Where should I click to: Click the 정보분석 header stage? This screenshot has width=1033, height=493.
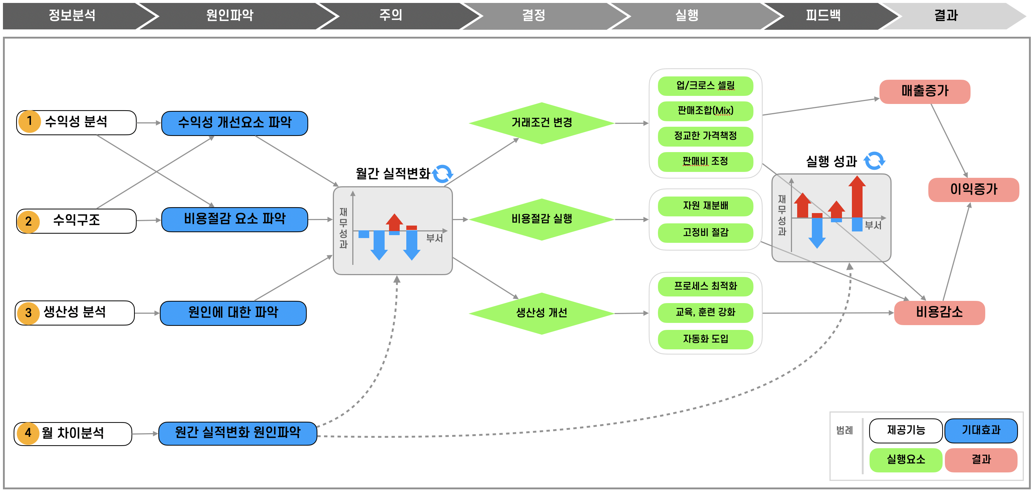tap(72, 15)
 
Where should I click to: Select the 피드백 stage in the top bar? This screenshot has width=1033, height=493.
tap(823, 15)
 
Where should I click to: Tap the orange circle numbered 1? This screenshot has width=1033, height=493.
tap(29, 122)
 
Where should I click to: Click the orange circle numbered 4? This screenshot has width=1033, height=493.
tap(28, 433)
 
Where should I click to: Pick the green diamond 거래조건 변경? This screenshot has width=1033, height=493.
tap(541, 123)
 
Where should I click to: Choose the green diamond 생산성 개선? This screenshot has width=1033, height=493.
tap(541, 313)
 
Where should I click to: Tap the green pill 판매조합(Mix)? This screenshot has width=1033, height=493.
tap(705, 111)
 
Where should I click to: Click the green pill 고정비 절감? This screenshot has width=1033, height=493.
tap(705, 233)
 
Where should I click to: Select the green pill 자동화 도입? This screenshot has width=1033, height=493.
tap(705, 339)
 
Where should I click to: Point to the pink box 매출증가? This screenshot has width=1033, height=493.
tap(924, 91)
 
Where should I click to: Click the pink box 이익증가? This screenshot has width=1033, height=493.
tap(973, 189)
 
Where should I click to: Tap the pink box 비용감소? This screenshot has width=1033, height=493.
tap(939, 313)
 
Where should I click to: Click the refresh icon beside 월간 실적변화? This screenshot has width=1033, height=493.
tap(443, 174)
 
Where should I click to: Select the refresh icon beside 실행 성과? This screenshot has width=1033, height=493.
tap(874, 161)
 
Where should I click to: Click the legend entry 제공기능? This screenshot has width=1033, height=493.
tap(906, 431)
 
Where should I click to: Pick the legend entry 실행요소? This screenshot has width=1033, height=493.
tap(906, 460)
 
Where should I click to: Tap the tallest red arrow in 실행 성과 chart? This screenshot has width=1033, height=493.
tap(857, 197)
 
